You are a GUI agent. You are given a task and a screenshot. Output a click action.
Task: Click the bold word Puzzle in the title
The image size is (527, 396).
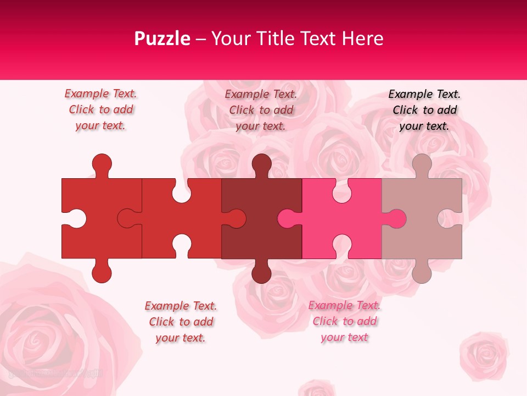pos(162,38)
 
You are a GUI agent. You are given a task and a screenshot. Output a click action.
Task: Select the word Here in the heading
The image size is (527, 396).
pos(362,38)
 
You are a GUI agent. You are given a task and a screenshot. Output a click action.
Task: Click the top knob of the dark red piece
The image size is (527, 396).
pos(261,164)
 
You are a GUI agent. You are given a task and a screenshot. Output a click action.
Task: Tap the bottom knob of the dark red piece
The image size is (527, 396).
pos(261,272)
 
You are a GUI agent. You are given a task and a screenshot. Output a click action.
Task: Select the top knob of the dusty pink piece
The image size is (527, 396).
pos(422,164)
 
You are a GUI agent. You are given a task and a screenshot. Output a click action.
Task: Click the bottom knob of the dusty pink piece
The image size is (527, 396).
pos(422,272)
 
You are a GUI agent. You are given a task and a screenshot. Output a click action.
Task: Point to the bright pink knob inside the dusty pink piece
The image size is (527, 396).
pos(395,218)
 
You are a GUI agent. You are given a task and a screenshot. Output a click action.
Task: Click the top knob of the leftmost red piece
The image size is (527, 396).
pos(102,164)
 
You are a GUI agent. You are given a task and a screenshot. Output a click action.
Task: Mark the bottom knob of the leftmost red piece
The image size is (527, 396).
pos(102,272)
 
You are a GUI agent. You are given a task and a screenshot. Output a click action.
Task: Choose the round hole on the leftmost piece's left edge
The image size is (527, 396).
pos(75,218)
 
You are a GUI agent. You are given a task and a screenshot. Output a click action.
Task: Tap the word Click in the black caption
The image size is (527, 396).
pos(405,110)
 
